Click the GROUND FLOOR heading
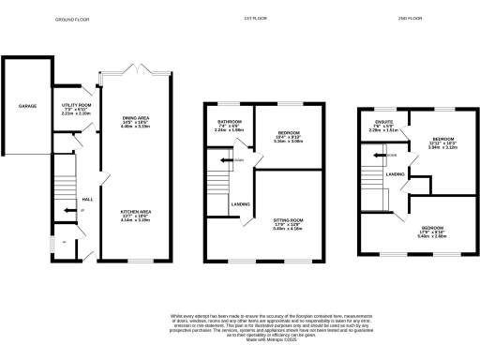(x=73, y=19)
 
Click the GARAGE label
(x=27, y=107)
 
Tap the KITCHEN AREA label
(x=138, y=212)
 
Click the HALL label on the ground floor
(x=87, y=200)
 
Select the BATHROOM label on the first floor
(x=230, y=122)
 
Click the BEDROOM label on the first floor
(x=288, y=133)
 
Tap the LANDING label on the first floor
(x=240, y=203)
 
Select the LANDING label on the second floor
(x=395, y=173)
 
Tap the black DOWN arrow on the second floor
(x=387, y=155)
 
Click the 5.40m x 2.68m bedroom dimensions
(x=433, y=236)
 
